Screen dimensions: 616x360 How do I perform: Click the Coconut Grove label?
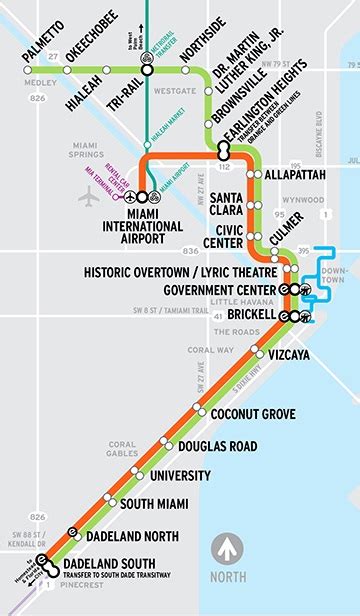tap(252, 413)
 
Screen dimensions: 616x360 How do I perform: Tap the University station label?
tap(179, 475)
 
